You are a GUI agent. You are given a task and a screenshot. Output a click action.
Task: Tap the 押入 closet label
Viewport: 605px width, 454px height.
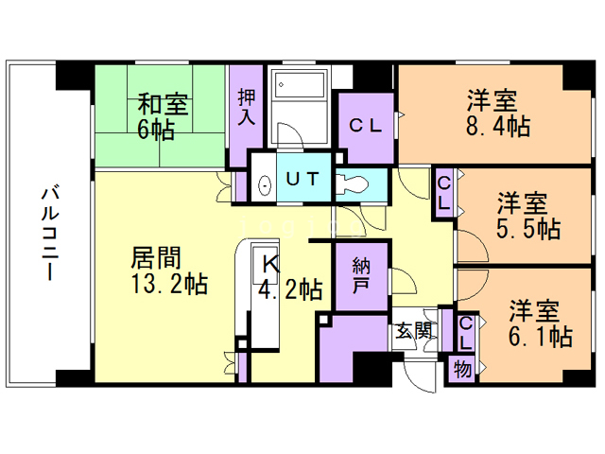coord(246,108)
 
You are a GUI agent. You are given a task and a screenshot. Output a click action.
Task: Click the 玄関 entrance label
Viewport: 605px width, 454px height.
coord(414,331)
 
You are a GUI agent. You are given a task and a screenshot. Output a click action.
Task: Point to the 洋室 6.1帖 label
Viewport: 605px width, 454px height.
coord(540,322)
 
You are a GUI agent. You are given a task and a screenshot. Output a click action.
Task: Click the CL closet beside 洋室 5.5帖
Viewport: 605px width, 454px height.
coord(443,193)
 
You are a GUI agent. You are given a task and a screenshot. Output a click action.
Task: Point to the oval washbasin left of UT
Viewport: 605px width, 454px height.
coord(264,183)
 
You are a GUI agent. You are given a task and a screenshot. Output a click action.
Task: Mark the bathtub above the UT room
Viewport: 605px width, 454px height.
coord(297,94)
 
